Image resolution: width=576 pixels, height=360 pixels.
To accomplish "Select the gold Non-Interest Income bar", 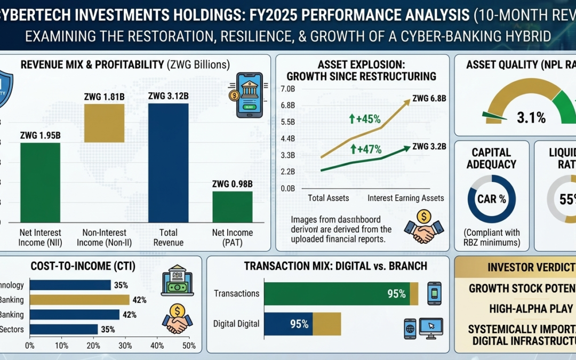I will (104, 123).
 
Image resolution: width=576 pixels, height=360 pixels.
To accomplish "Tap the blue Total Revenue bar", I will (168, 163).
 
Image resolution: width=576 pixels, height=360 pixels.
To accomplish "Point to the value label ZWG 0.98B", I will (232, 184).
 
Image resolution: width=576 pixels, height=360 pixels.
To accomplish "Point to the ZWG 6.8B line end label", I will (429, 98).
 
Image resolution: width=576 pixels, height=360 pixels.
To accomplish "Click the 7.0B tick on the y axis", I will (287, 89).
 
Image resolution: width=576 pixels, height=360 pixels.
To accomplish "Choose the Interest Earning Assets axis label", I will (405, 198).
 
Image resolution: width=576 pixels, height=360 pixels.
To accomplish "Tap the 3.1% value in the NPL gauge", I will (531, 117).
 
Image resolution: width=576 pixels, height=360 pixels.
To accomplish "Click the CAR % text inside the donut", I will (491, 199).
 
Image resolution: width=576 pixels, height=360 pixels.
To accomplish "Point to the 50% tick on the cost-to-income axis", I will (189, 346).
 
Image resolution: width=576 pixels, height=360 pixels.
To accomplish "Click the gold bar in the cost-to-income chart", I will (79, 300).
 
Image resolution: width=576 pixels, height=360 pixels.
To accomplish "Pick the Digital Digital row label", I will (236, 324).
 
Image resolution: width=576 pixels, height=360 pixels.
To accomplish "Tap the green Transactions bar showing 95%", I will (337, 293).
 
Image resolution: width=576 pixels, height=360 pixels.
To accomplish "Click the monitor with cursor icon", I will (431, 327).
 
